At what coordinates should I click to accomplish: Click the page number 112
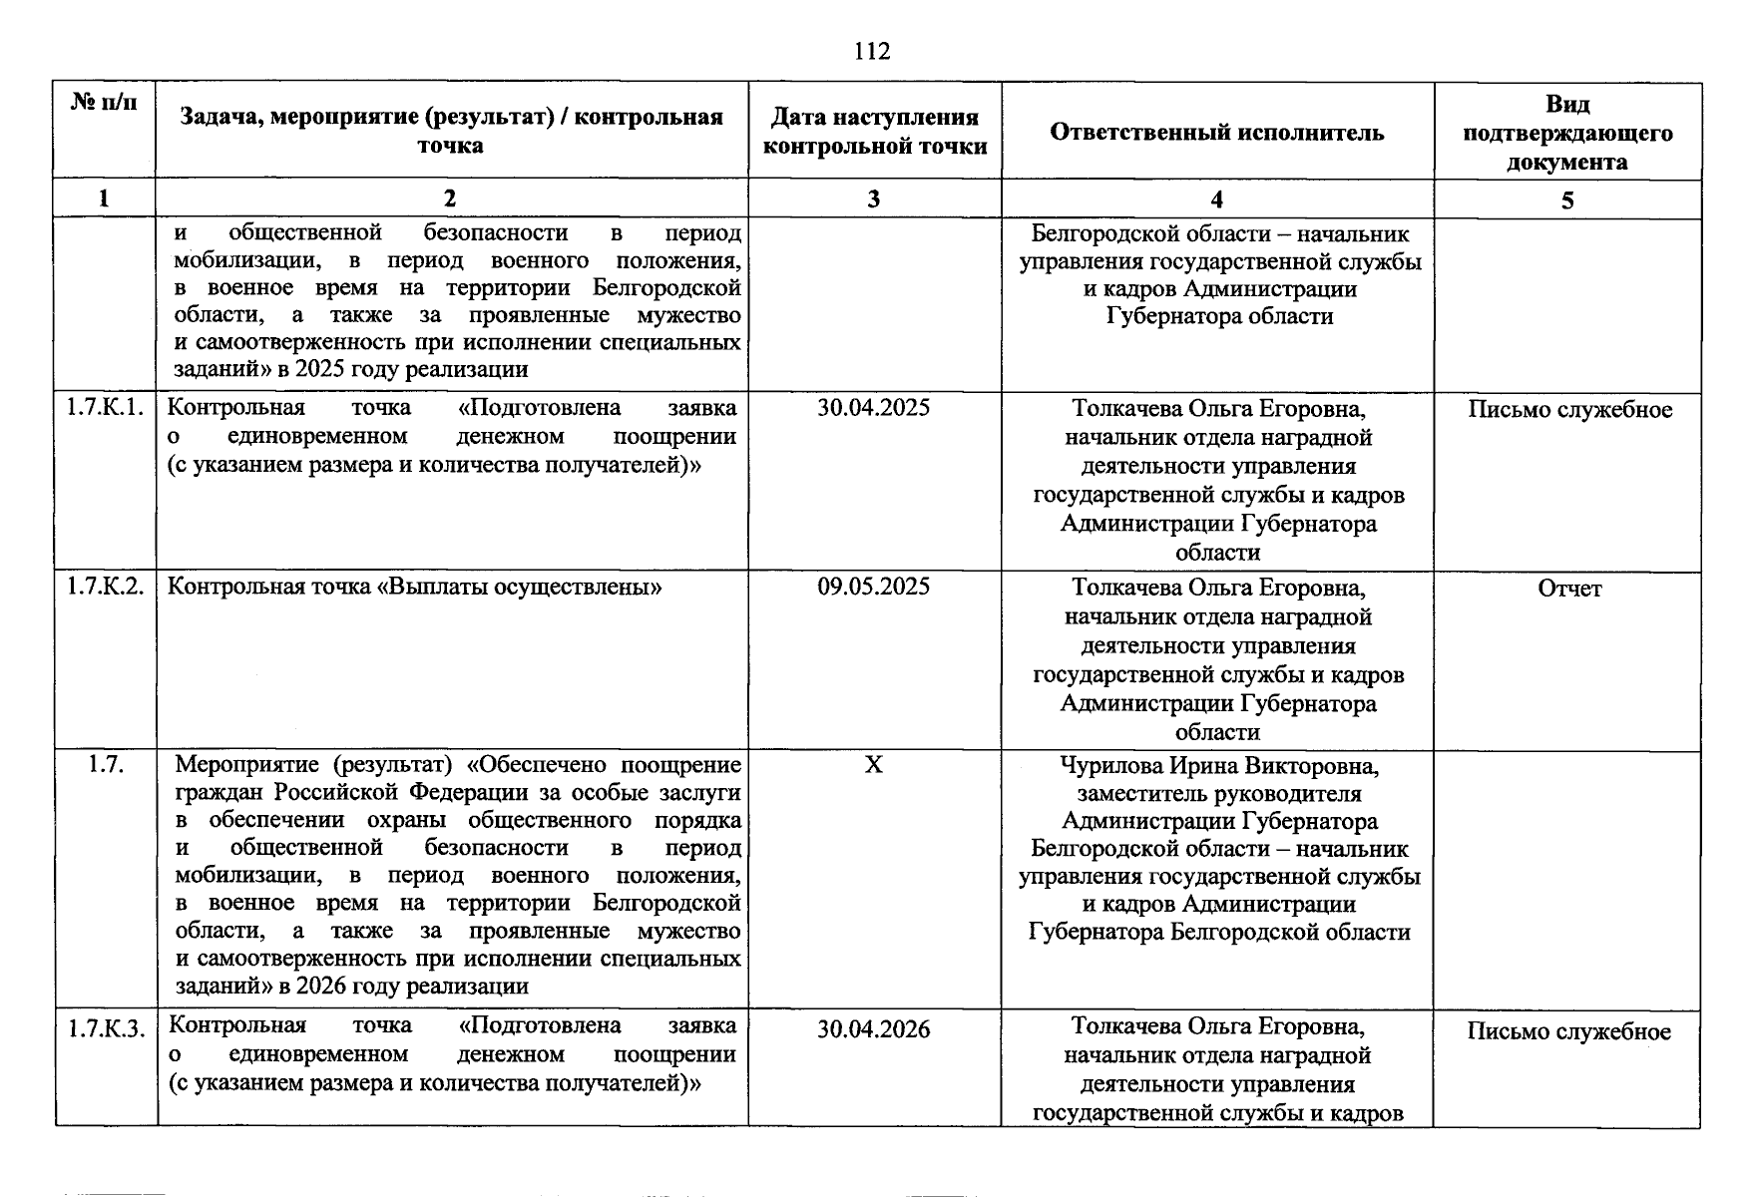(x=872, y=51)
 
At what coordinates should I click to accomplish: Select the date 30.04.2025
(x=873, y=408)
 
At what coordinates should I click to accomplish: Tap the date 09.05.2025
(x=873, y=587)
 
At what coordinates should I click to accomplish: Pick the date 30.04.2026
(x=873, y=1029)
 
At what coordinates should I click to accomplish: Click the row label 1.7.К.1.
(x=105, y=408)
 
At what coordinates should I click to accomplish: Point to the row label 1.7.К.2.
(x=105, y=587)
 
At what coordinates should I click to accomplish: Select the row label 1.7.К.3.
(x=105, y=1029)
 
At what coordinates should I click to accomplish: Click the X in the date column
(x=873, y=765)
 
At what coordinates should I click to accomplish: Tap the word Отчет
(x=1568, y=589)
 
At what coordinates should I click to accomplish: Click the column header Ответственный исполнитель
(x=1217, y=132)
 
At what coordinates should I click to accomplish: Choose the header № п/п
(x=105, y=102)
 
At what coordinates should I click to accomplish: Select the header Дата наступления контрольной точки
(x=874, y=132)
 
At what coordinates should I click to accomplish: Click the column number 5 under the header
(x=1567, y=200)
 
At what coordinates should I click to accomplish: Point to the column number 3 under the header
(x=873, y=199)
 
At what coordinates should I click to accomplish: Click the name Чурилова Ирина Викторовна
(x=1218, y=766)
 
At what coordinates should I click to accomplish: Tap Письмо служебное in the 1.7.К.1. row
(x=1569, y=410)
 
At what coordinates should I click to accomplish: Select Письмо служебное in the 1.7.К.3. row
(x=1568, y=1031)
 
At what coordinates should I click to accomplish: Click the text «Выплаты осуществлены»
(x=519, y=587)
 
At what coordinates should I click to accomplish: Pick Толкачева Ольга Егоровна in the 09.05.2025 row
(x=1218, y=588)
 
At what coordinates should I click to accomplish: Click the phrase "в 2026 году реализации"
(x=403, y=987)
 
